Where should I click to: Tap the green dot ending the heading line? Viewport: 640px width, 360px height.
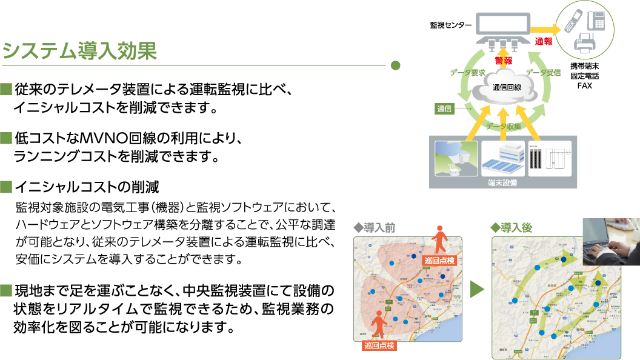(x=395, y=65)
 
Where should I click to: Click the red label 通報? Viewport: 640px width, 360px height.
(x=543, y=41)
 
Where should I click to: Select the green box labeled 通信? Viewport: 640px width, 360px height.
(x=444, y=109)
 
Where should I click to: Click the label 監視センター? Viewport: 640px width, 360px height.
(x=450, y=25)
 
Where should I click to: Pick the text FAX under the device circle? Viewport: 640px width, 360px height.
(x=584, y=86)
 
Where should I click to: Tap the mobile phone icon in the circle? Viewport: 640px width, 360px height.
(x=572, y=22)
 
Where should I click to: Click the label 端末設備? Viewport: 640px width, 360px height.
(x=502, y=182)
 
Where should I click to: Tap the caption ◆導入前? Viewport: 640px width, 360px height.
(x=374, y=228)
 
